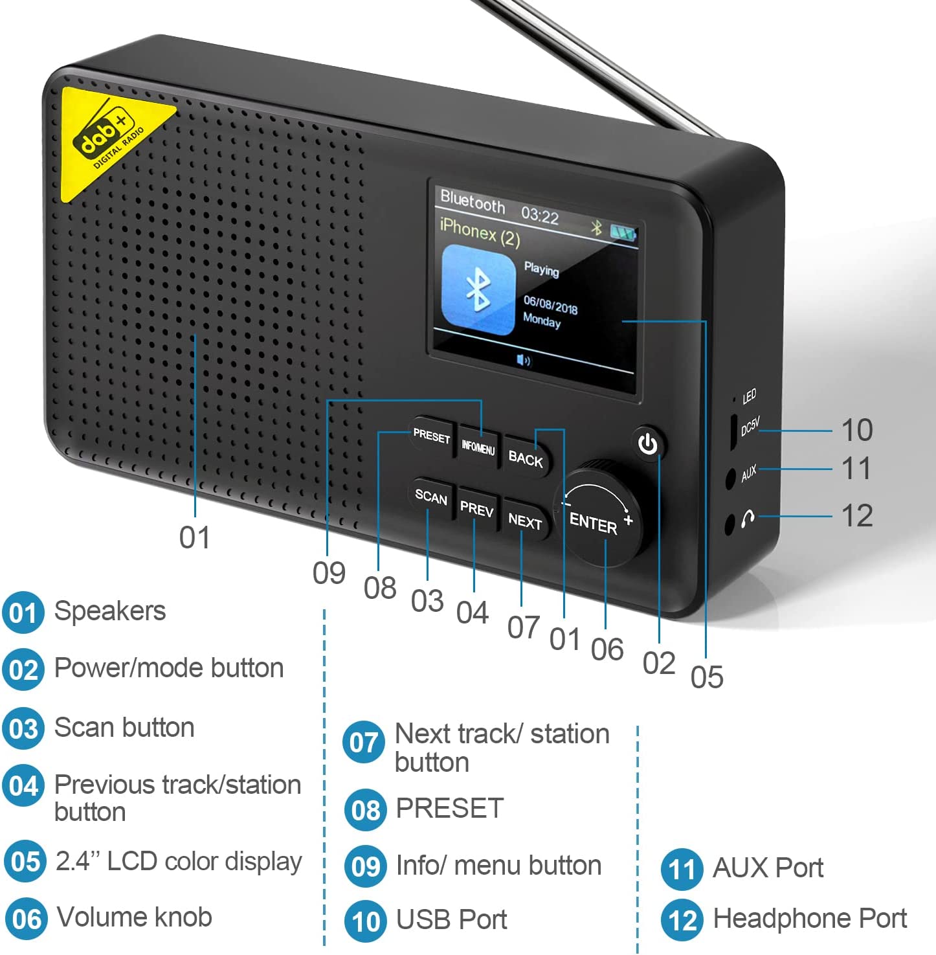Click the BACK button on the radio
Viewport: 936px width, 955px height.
click(x=526, y=458)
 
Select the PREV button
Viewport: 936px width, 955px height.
click(x=476, y=510)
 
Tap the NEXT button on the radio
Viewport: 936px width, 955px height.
click(x=525, y=521)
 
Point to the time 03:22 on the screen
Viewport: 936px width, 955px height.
click(x=540, y=214)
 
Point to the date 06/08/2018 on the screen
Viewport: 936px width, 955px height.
click(x=550, y=304)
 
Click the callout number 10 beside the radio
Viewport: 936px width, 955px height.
click(x=856, y=431)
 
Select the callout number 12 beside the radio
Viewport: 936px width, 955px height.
click(x=856, y=516)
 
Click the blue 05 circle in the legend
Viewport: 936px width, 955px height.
click(x=25, y=862)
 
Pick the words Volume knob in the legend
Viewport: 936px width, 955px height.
click(x=135, y=917)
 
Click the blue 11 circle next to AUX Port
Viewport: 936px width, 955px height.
click(x=682, y=869)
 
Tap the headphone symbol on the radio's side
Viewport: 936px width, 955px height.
click(x=748, y=518)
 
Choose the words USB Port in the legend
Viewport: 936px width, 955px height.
click(x=451, y=919)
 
